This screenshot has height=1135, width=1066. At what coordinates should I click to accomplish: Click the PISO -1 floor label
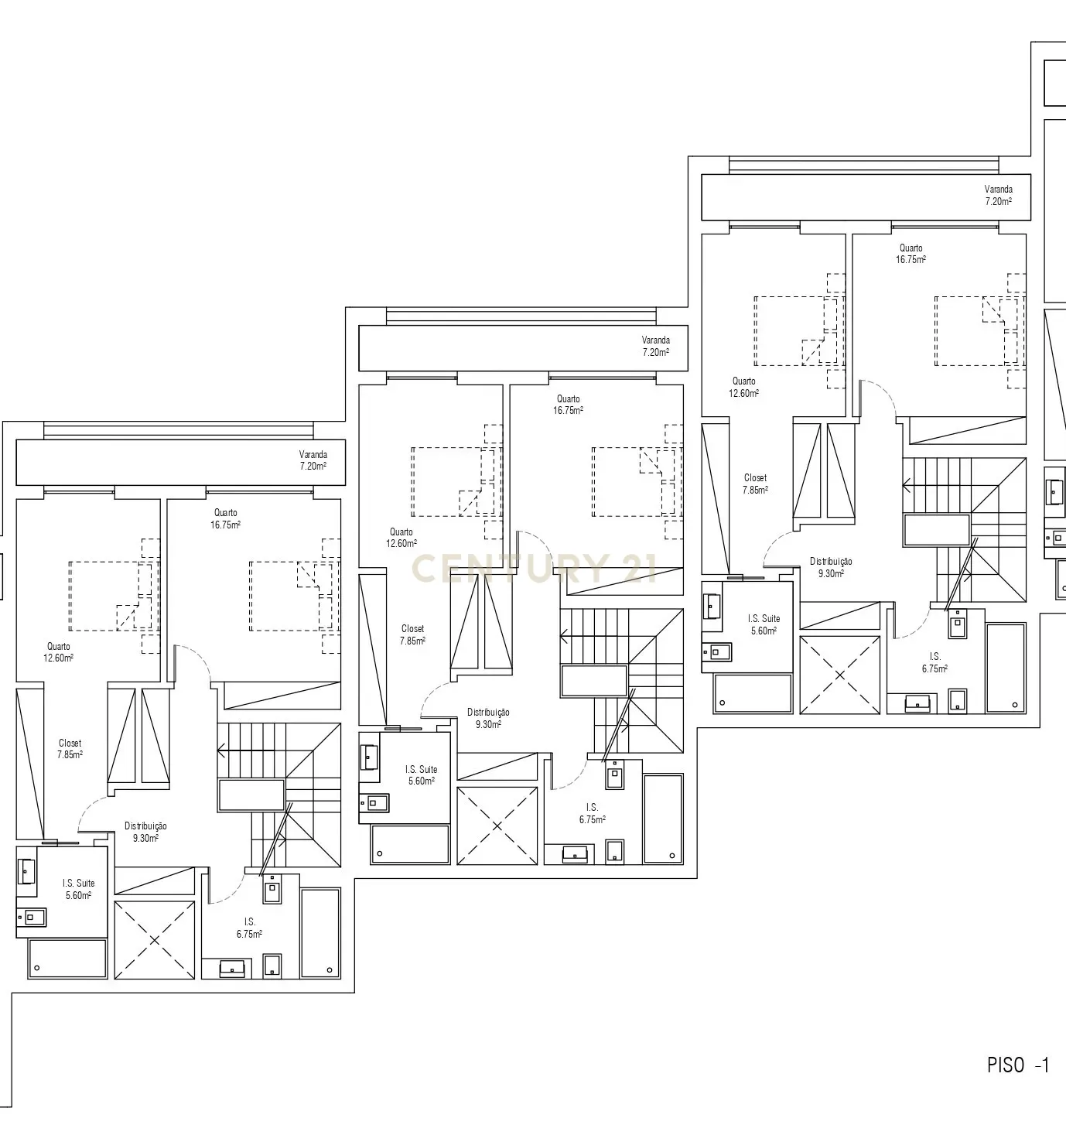(x=1017, y=1065)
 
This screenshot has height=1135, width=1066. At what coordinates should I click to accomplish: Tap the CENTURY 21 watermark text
(x=534, y=569)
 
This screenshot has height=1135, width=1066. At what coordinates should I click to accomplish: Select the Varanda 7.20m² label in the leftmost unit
(x=313, y=460)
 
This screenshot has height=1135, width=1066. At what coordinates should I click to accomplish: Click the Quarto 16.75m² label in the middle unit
(x=568, y=405)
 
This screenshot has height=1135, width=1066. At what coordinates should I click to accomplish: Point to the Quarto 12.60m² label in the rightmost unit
(x=744, y=387)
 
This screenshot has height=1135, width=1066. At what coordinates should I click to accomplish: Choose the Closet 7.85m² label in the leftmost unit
(x=70, y=749)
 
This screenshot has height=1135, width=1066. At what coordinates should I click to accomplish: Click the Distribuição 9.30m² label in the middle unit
(x=488, y=718)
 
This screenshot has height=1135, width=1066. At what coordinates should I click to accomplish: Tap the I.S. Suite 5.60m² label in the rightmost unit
(x=764, y=624)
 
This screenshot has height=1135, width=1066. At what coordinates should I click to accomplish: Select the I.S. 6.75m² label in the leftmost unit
(x=249, y=928)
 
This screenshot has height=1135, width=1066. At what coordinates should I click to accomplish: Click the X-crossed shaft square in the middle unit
(x=497, y=826)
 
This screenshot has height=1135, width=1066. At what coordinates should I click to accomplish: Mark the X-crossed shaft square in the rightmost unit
(x=839, y=675)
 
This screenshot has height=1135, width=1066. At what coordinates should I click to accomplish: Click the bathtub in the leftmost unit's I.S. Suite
(x=67, y=959)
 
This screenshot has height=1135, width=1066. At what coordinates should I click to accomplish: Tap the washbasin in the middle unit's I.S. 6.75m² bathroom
(x=574, y=854)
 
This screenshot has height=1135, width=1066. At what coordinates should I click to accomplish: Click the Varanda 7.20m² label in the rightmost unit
(x=998, y=195)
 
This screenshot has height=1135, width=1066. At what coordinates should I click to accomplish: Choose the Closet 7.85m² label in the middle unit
(x=412, y=634)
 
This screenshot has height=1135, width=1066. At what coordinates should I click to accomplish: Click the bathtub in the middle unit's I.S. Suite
(x=410, y=844)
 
